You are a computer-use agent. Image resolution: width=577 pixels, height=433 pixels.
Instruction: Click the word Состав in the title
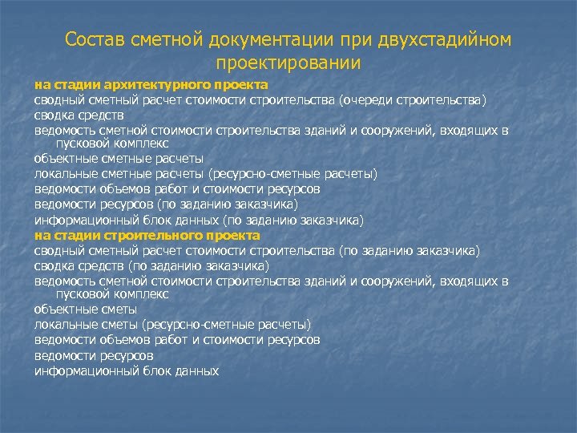pyautogui.click(x=91, y=40)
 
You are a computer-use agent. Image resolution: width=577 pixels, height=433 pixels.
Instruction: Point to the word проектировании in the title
pyautogui.click(x=288, y=63)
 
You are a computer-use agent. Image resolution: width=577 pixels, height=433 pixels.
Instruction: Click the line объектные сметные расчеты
pyautogui.click(x=119, y=159)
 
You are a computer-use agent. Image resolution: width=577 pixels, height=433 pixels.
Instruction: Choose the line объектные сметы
pyautogui.click(x=86, y=309)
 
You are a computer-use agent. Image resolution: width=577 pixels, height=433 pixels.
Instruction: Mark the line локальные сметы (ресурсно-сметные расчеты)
pyautogui.click(x=172, y=324)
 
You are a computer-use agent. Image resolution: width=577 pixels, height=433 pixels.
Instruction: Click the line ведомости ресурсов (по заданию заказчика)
pyautogui.click(x=156, y=204)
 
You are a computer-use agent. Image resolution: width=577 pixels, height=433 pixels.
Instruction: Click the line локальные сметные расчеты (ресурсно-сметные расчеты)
pyautogui.click(x=205, y=174)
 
